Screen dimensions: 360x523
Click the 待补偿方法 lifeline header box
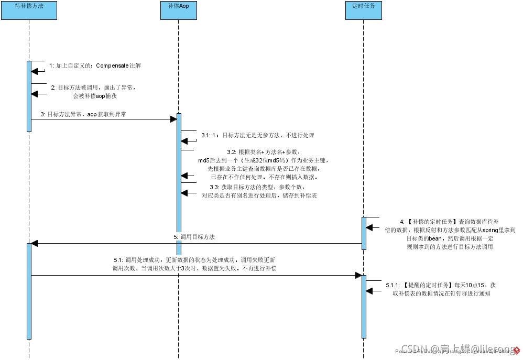click(28, 10)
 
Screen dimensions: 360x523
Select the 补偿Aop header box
click(178, 10)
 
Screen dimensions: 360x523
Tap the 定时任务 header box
click(364, 10)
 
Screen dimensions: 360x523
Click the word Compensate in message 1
click(112, 66)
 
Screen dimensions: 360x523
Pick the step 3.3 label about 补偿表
click(259, 191)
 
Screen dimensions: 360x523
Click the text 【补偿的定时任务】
click(432, 222)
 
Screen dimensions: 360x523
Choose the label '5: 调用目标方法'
click(194, 237)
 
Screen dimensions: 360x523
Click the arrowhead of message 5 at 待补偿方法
click(35, 243)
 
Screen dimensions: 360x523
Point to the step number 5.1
click(118, 260)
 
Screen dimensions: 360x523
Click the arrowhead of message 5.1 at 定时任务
click(359, 275)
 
